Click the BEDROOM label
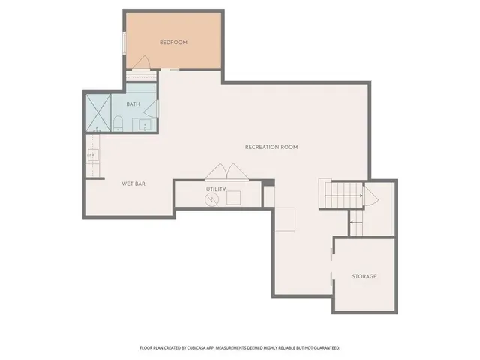click(x=173, y=43)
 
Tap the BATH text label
click(x=133, y=104)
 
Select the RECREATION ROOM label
click(x=271, y=147)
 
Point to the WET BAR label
click(x=133, y=183)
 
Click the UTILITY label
click(x=216, y=189)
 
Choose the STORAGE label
click(x=364, y=276)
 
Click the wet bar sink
click(x=93, y=156)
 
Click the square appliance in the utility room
click(x=235, y=198)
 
